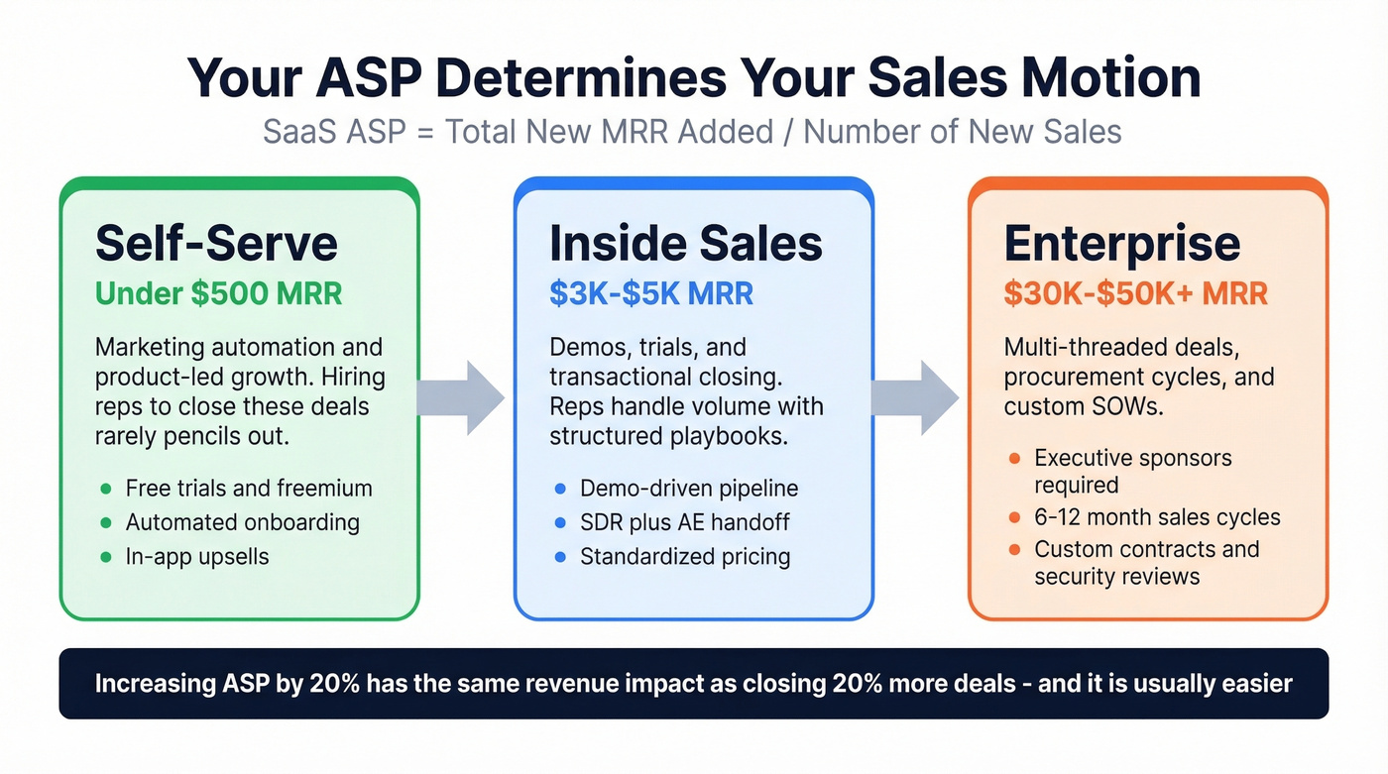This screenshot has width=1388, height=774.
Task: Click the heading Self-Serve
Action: [x=216, y=243]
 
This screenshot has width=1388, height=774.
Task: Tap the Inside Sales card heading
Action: [x=686, y=243]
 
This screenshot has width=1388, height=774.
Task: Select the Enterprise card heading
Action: [x=1121, y=243]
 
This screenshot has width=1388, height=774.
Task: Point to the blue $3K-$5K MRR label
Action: [x=651, y=293]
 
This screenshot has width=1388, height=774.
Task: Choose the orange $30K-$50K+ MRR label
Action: [x=1135, y=293]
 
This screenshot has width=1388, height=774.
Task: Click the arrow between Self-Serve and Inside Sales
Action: [x=462, y=397]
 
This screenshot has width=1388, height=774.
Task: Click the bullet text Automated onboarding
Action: [x=242, y=522]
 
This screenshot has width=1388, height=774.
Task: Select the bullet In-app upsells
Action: [x=197, y=556]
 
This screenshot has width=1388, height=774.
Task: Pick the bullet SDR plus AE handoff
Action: [x=684, y=522]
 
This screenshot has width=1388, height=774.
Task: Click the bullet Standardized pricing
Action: [x=685, y=556]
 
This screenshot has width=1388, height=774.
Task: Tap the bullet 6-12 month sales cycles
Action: [x=1157, y=517]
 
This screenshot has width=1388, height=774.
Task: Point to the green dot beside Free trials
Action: [x=106, y=489]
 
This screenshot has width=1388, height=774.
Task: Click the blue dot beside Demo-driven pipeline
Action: [x=560, y=489]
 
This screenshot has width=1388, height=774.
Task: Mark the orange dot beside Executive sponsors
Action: [x=1013, y=459]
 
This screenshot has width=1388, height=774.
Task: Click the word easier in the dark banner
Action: [x=1257, y=683]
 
